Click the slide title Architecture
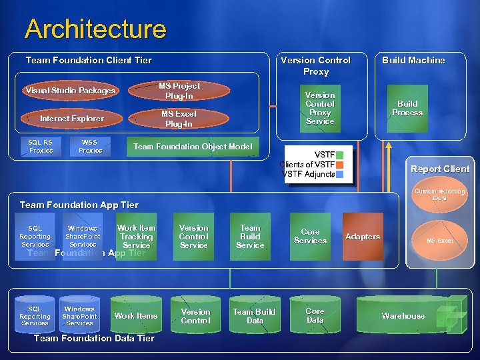click(95, 29)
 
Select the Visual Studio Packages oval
click(70, 91)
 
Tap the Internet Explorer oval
click(71, 119)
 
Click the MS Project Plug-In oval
click(179, 91)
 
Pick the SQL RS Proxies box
click(41, 146)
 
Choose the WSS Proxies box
click(90, 146)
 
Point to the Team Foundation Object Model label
click(193, 147)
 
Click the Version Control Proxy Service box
click(320, 108)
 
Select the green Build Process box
click(407, 108)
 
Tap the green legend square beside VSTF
click(340, 155)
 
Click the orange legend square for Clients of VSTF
click(340, 165)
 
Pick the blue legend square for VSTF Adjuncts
click(340, 174)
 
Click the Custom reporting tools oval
click(439, 195)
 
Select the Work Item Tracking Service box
click(136, 237)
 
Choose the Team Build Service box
click(250, 237)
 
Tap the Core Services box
click(310, 237)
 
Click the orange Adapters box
click(362, 237)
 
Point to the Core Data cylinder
click(315, 316)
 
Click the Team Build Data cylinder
click(253, 316)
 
